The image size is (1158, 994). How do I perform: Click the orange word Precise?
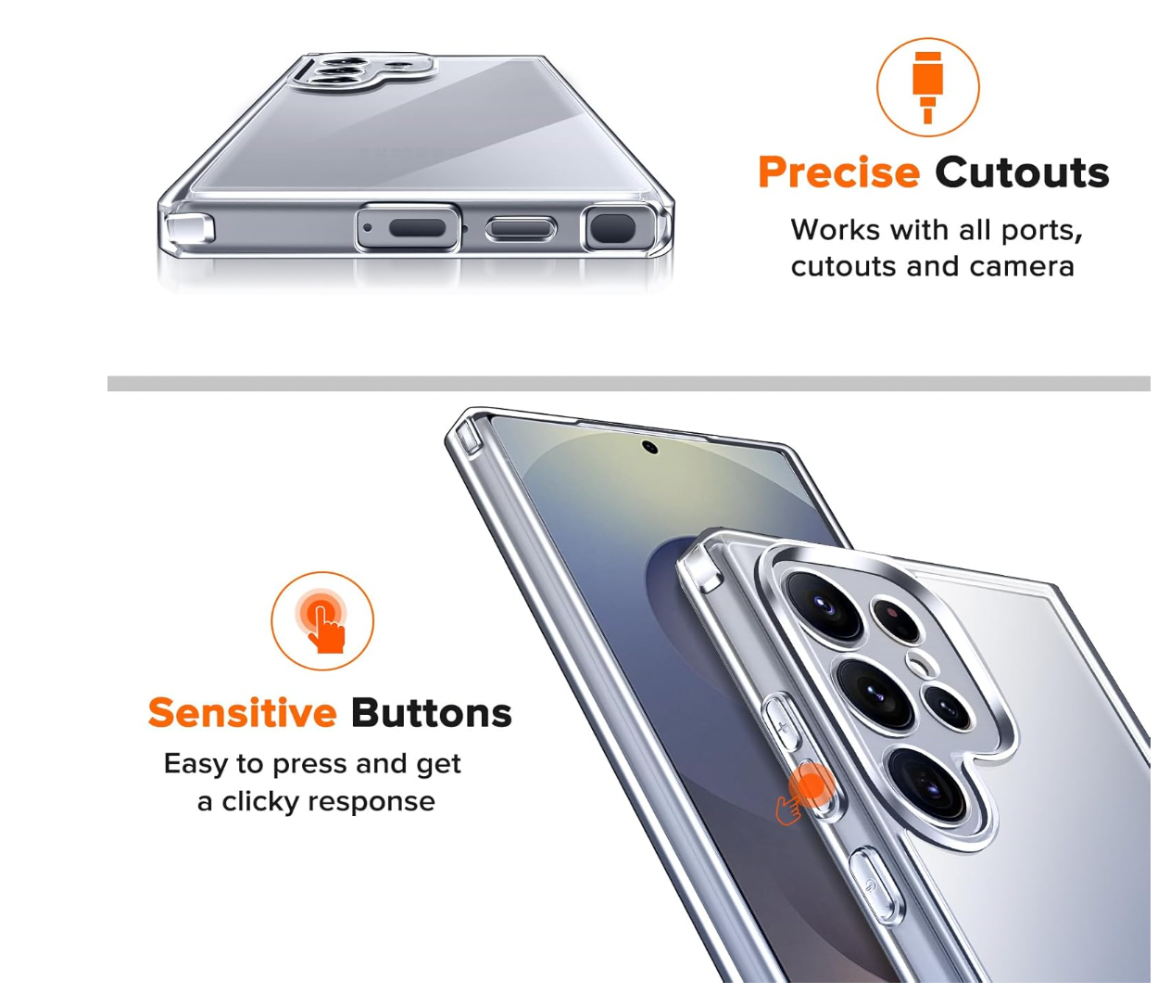pyautogui.click(x=838, y=172)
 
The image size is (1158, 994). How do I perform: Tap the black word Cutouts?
pyautogui.click(x=1022, y=172)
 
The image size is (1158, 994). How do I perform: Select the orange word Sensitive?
pyautogui.click(x=243, y=713)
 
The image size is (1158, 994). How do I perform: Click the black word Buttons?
pyautogui.click(x=432, y=713)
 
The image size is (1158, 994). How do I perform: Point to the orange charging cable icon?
pyautogui.click(x=927, y=87)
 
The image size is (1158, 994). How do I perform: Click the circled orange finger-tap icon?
pyautogui.click(x=322, y=620)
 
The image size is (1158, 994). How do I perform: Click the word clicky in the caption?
pyautogui.click(x=260, y=801)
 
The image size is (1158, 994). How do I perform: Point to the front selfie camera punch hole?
pyautogui.click(x=649, y=447)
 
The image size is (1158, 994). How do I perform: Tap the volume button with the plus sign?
pyautogui.click(x=782, y=722)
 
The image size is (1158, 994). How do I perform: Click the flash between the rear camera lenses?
pyautogui.click(x=919, y=665)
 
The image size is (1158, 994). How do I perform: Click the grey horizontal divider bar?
pyautogui.click(x=629, y=384)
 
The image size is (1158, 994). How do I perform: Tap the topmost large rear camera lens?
pyautogui.click(x=824, y=605)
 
